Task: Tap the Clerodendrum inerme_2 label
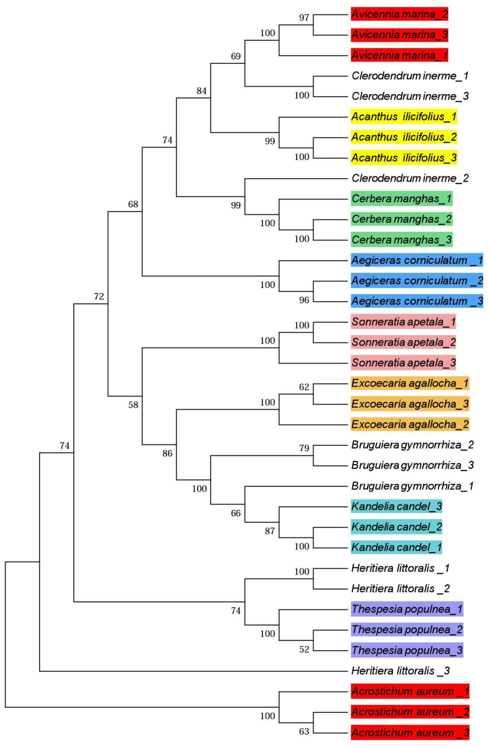410,178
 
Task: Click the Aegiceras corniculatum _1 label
417,260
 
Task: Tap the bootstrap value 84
201,91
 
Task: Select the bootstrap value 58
133,405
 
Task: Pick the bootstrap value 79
304,448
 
